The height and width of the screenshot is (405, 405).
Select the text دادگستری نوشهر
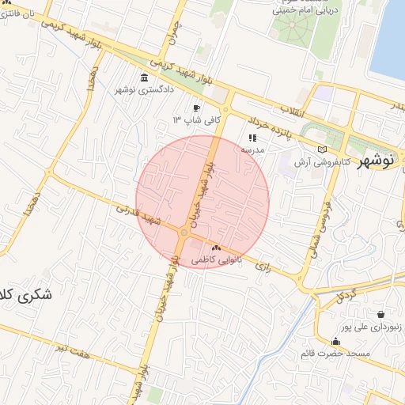pos(144,90)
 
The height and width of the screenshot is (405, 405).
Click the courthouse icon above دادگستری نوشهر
pos(144,78)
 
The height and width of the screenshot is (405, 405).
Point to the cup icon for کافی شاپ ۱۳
pos(196,108)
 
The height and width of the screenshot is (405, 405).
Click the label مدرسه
pos(252,149)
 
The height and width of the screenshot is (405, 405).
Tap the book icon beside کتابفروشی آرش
pos(320,149)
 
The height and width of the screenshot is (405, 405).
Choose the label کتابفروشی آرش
pos(294,161)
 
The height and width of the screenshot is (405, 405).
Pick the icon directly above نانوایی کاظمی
pos(216,248)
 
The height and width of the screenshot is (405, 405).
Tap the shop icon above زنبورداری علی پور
pos(381,314)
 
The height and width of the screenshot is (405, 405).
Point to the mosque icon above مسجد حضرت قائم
pos(335,342)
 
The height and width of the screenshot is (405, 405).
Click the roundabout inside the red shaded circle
pos(184,232)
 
